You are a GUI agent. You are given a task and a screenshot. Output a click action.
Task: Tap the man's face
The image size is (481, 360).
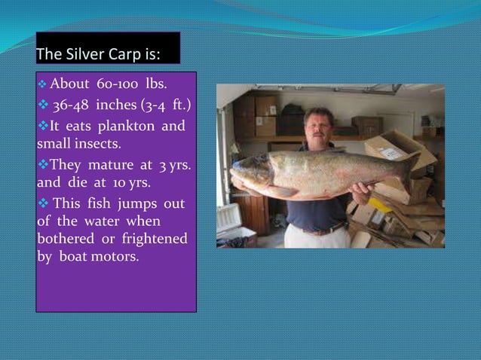(318, 127)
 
